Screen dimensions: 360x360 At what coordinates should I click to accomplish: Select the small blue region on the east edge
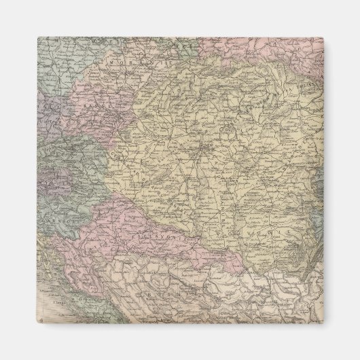[x=319, y=197]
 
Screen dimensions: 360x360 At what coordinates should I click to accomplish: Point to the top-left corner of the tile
[x=38, y=38]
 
